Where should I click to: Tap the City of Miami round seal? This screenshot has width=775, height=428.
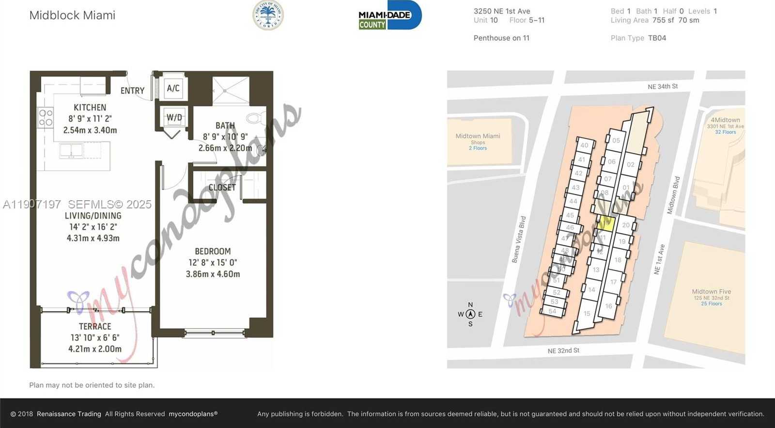tap(268, 16)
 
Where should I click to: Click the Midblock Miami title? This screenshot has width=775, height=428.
tap(72, 15)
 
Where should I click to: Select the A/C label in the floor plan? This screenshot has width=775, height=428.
tap(173, 88)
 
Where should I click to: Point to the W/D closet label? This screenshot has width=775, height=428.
tap(174, 117)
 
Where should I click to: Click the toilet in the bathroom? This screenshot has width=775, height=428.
tap(255, 118)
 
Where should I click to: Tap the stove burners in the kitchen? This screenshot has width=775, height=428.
tap(46, 118)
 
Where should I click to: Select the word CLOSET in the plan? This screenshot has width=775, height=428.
tap(222, 188)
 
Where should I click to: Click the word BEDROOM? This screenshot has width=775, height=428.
tap(213, 251)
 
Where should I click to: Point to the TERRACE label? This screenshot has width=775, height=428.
tap(95, 327)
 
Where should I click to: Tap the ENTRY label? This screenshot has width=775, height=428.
tap(132, 91)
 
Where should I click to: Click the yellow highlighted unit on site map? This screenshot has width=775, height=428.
tap(607, 223)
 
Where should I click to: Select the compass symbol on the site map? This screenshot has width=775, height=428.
tap(470, 314)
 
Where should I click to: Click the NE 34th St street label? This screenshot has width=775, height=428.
tap(663, 87)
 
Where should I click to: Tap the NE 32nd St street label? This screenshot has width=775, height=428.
tap(563, 350)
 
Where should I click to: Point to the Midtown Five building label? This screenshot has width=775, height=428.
tap(711, 292)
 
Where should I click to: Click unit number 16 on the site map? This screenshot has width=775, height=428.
tap(608, 306)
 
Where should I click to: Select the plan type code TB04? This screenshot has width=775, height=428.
tap(657, 38)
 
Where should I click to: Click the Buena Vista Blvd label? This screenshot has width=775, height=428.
tap(519, 239)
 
